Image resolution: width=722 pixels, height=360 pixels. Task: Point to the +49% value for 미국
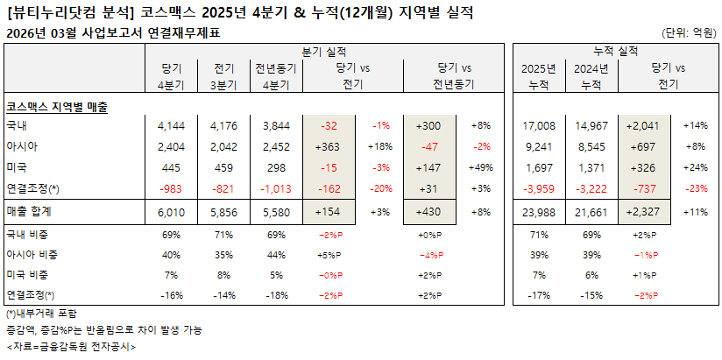[x=481, y=167]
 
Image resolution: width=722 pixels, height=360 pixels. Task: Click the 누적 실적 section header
[x=615, y=53]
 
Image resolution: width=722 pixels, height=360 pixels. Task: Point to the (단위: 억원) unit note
[x=688, y=33]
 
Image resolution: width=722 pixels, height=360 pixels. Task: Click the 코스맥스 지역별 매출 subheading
[x=57, y=106]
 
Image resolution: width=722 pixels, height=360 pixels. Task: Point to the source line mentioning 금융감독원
[x=70, y=346]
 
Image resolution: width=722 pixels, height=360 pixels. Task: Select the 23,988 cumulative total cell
[x=538, y=211]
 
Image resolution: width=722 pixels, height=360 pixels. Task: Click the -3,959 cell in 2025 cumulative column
[x=538, y=188]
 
